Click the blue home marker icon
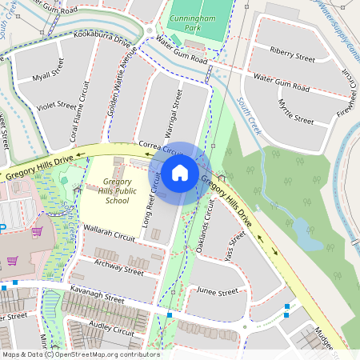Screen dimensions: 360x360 click(x=180, y=173)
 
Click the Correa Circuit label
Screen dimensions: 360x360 click(x=161, y=148)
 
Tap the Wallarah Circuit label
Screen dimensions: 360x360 click(x=110, y=233)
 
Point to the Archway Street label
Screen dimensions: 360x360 click(x=118, y=266)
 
